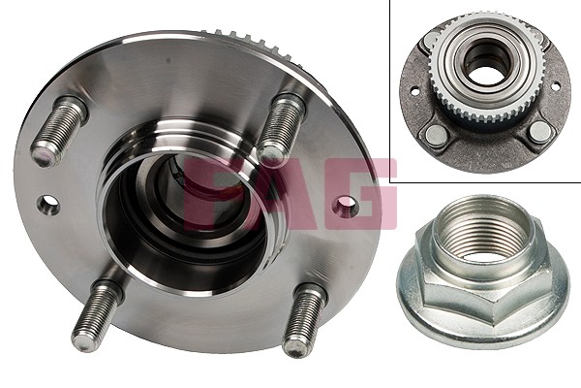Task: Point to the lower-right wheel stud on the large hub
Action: [303, 319]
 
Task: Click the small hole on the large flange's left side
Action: [48, 205]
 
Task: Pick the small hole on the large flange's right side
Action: [345, 207]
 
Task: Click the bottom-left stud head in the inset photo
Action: [436, 135]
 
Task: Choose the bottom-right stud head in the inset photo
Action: [539, 131]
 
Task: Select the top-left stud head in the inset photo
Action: [432, 40]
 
